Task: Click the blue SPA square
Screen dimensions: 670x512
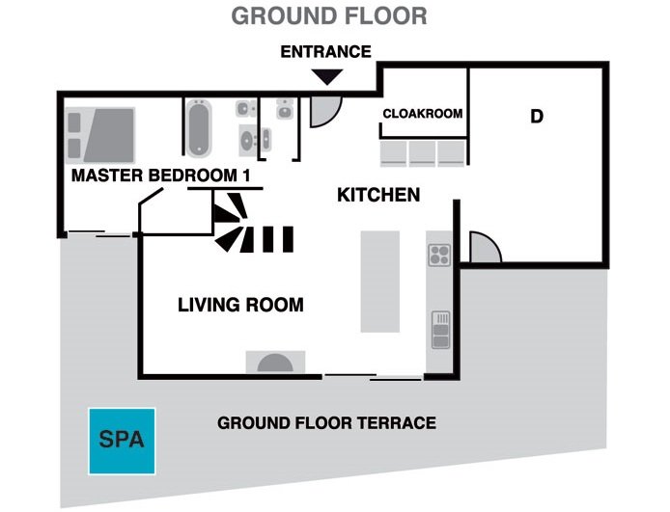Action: click(x=122, y=442)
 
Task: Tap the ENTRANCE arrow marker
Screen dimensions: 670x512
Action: click(x=327, y=77)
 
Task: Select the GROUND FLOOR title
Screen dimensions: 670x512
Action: click(x=329, y=15)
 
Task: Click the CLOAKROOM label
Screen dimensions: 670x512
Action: click(x=423, y=114)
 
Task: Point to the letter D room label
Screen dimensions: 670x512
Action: click(x=537, y=116)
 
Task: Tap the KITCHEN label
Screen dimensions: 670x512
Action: click(x=378, y=195)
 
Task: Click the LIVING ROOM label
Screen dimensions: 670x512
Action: click(x=240, y=305)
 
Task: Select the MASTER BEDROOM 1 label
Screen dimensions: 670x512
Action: click(x=160, y=175)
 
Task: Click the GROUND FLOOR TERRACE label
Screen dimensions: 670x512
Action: click(x=327, y=423)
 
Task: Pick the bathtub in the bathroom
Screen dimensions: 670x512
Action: click(x=199, y=127)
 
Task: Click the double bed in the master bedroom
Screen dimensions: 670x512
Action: click(x=100, y=135)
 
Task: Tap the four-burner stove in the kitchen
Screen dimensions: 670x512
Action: click(x=439, y=255)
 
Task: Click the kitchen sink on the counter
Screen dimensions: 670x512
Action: click(x=440, y=330)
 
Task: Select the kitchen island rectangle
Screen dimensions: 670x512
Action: click(x=379, y=282)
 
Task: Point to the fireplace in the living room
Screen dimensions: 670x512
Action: click(x=275, y=362)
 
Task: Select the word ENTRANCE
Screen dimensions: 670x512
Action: click(x=325, y=52)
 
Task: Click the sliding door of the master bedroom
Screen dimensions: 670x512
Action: click(x=99, y=233)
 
